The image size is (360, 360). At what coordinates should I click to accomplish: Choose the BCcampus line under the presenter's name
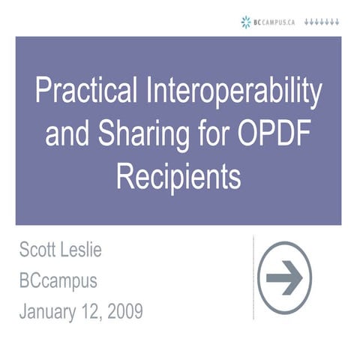coord(58,280)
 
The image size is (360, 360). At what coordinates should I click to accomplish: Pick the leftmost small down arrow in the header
coord(307,22)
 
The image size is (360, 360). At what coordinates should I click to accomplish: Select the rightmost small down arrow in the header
coord(338,22)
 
